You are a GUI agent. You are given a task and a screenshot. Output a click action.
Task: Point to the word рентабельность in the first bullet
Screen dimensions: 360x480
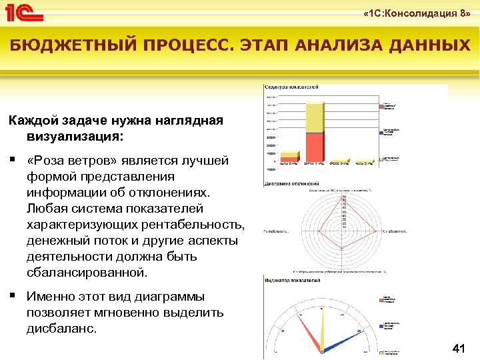point(193,225)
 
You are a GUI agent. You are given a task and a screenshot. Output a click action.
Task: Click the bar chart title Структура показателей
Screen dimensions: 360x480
point(291,87)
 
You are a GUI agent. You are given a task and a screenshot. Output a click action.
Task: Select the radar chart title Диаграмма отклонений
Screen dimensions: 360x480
point(292,183)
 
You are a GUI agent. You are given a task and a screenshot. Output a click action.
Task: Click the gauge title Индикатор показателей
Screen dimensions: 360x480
point(292,277)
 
